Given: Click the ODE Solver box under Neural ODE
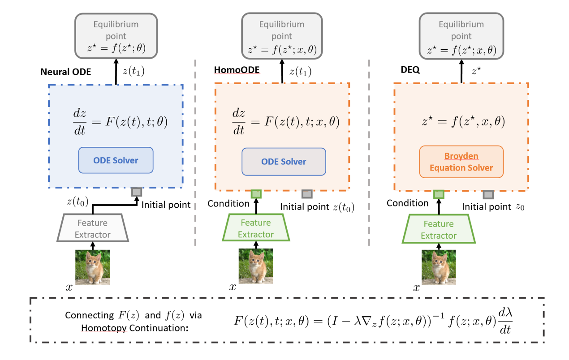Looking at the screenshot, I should click(x=116, y=160).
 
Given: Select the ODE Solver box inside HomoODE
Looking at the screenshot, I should click(x=284, y=162).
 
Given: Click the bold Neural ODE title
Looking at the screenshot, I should click(x=66, y=72).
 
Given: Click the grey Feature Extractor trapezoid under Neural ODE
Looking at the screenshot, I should click(x=92, y=228).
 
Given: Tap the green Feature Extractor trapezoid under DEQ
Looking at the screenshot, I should click(x=439, y=229).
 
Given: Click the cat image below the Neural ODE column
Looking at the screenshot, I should click(x=92, y=267).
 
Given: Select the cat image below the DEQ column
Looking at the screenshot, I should click(x=439, y=267).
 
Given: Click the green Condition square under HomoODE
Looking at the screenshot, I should click(x=256, y=194).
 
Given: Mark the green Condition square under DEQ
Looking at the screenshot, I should click(x=439, y=194).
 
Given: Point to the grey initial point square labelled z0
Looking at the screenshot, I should click(x=488, y=194).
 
